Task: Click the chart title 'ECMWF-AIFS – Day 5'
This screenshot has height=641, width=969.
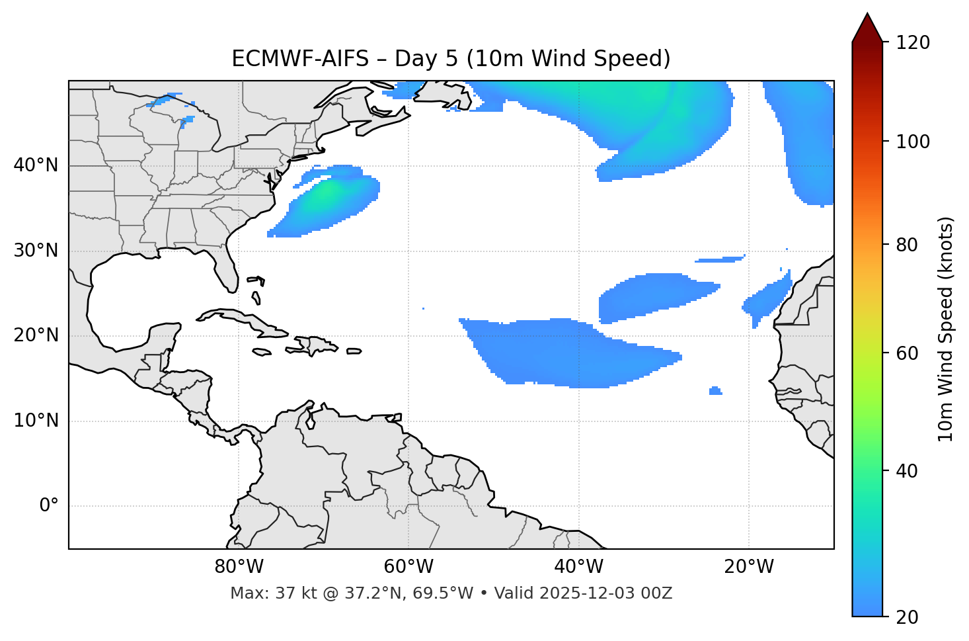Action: coord(451,59)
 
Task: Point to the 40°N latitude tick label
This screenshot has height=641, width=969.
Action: coord(36,165)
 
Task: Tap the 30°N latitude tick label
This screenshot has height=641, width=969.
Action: coord(36,251)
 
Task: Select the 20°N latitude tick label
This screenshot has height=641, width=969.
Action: coord(36,335)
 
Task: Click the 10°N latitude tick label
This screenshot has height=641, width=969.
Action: coord(36,421)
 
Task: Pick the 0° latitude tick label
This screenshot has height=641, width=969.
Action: coord(48,506)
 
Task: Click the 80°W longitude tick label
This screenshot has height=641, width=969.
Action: coord(239,567)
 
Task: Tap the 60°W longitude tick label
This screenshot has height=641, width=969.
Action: coord(408,567)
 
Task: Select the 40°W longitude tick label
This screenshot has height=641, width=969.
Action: coord(578,567)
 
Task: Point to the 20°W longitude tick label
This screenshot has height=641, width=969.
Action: coord(749,567)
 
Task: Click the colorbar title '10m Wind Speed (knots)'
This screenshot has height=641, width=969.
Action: coord(946,329)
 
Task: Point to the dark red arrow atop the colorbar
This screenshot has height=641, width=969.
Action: coord(867,28)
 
